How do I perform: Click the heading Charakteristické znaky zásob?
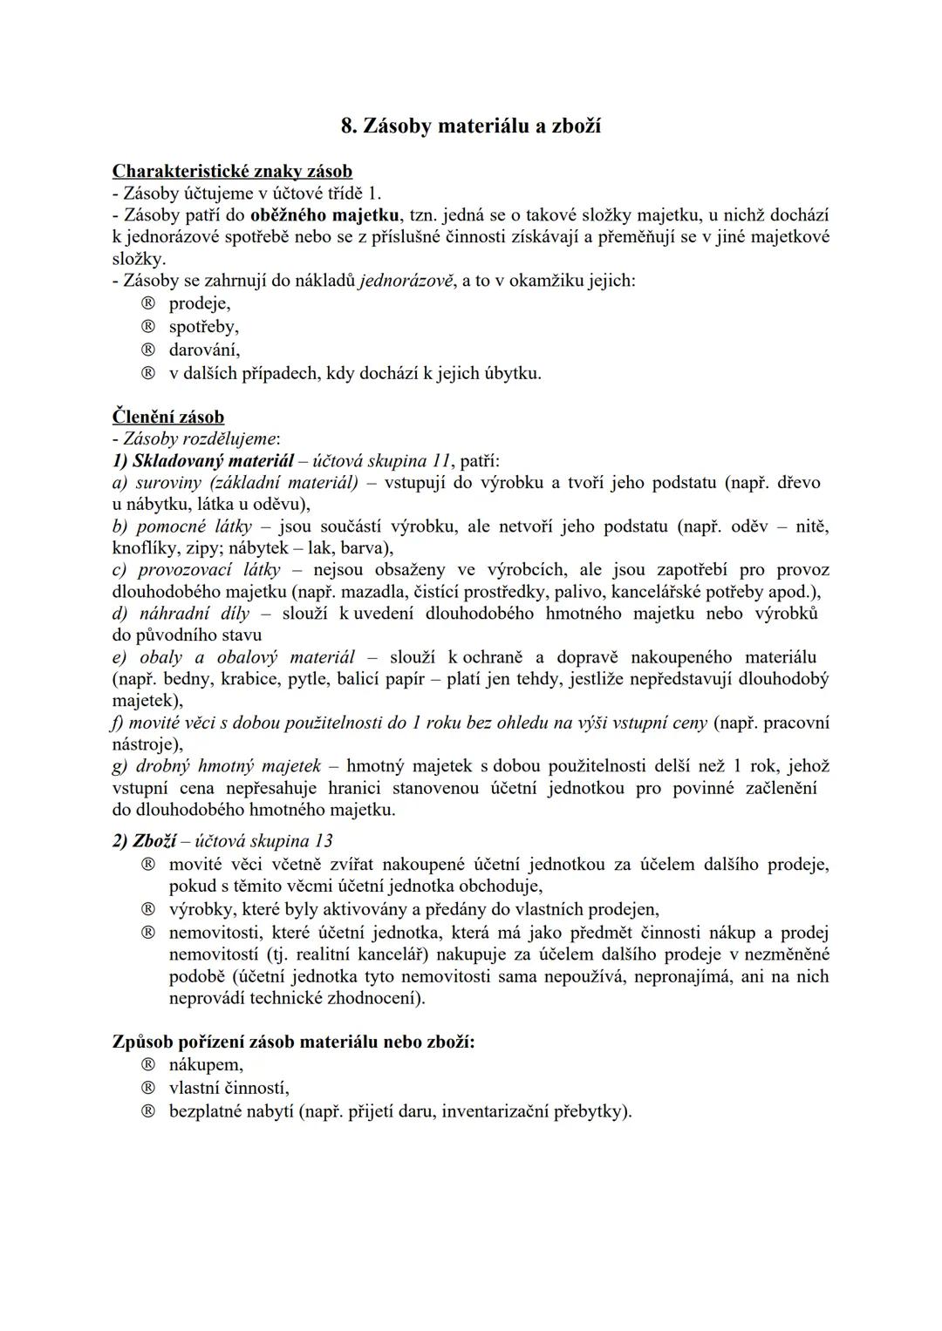coord(232,171)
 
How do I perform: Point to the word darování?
coord(204,350)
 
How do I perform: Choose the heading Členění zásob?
coord(168,417)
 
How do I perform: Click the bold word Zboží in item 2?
coord(154,841)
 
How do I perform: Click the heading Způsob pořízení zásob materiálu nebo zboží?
coord(294,1042)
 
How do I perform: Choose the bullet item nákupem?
coord(206,1064)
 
